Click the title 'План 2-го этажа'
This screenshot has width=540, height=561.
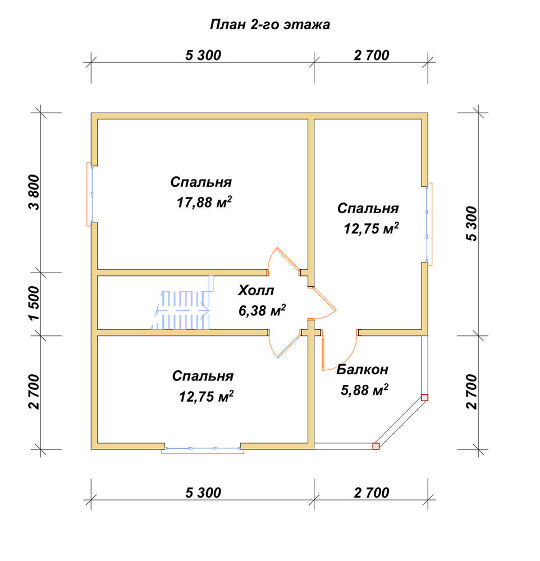[269, 25]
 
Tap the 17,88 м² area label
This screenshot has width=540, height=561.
[204, 202]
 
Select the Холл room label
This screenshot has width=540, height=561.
[256, 290]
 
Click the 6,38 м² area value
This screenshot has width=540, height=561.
[262, 310]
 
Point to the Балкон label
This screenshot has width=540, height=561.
[363, 369]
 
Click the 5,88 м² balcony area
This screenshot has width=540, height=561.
[364, 390]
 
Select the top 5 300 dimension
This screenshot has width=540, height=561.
[203, 55]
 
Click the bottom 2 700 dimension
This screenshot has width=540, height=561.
[372, 493]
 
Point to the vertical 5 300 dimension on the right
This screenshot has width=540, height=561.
[472, 224]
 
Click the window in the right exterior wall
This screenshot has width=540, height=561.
[428, 224]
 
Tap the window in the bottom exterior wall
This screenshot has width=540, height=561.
[203, 449]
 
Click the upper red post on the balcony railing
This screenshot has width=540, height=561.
[425, 398]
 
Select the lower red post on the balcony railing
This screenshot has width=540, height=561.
[376, 446]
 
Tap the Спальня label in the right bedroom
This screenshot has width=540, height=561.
[368, 208]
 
